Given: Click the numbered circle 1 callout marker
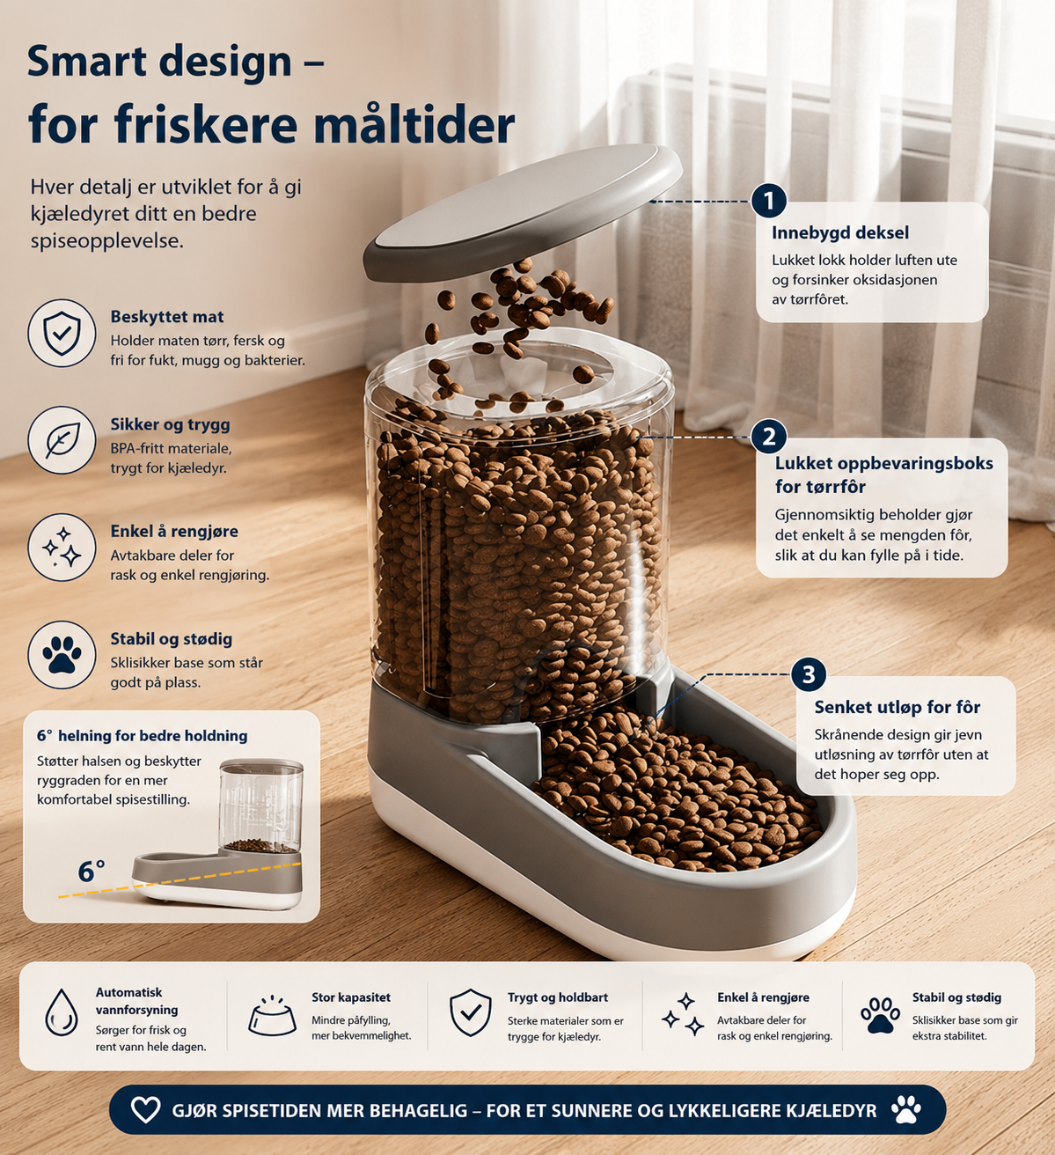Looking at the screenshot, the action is point(769,201).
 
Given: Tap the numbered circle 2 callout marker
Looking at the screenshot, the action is point(769,437).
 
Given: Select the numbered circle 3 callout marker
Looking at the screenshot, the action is point(809,673).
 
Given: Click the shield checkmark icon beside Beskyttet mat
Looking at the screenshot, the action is point(62,333).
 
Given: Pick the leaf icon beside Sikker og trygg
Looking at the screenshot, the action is point(62,440).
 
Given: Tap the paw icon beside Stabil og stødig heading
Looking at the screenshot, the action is point(62,655).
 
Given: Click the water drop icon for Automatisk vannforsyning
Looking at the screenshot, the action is point(61,1012).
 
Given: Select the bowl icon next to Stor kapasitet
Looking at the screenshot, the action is point(272,1016).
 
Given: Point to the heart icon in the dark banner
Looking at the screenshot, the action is point(145,1109).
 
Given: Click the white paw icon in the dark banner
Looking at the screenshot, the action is point(906,1109).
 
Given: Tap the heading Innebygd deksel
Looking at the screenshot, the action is point(840,232).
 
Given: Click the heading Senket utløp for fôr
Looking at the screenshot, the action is point(897,707).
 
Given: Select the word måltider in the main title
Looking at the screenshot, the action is point(414,124).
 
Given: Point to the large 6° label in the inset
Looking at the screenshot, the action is point(92,872).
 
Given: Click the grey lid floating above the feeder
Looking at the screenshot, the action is point(522,212).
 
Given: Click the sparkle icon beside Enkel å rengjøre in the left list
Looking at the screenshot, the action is point(62,548).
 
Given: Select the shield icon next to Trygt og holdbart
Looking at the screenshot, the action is point(470,1012).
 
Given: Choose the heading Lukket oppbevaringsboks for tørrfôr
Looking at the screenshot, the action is point(883,475).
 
